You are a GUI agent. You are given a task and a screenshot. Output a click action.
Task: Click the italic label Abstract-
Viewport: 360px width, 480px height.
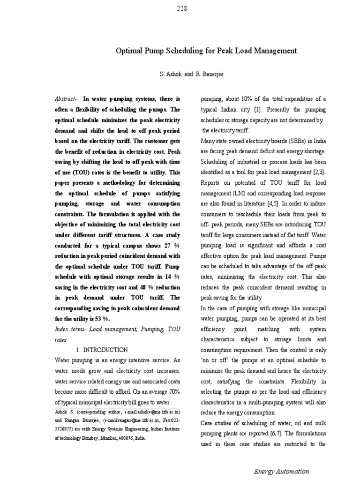pyautogui.click(x=67, y=99)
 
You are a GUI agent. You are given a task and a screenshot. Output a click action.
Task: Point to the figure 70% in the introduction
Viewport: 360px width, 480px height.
pyautogui.click(x=171, y=391)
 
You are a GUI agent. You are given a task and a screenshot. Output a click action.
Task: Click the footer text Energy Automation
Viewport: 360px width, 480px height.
pyautogui.click(x=282, y=471)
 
